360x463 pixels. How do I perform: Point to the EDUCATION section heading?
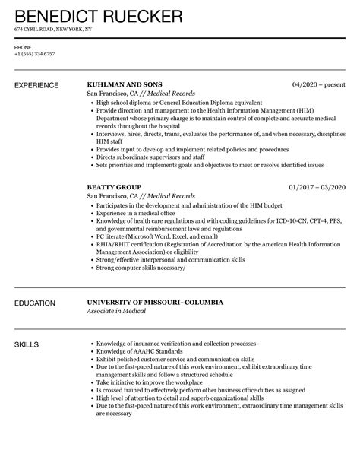pos(35,303)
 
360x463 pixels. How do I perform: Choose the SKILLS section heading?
pos(28,345)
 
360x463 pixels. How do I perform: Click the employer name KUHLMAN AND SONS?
pos(125,84)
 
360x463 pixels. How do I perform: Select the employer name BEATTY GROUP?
pos(115,186)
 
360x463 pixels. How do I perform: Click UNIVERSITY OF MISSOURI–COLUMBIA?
pos(155,303)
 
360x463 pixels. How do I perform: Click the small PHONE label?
pos(22,47)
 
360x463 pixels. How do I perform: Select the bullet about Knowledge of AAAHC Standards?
pos(140,353)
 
